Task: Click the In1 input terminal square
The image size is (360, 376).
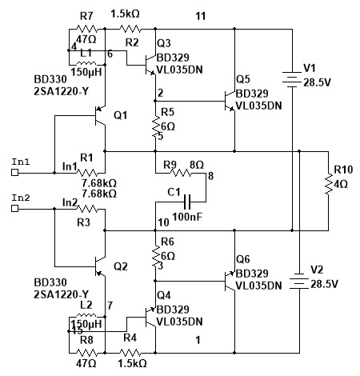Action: pos(15,173)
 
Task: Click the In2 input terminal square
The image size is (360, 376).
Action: pos(15,208)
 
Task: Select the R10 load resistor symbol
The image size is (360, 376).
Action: pos(328,183)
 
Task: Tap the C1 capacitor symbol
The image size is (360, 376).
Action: pos(187,202)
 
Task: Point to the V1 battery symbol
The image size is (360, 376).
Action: pos(292,79)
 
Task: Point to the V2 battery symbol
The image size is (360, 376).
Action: pos(299,281)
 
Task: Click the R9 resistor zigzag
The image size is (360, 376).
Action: pos(181,173)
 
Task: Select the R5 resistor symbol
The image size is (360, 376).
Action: pos(155,127)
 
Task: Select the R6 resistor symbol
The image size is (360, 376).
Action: pos(155,256)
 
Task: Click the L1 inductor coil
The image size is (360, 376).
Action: pos(86,63)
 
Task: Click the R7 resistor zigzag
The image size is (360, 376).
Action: pos(87,29)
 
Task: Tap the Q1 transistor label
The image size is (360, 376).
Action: pos(121,115)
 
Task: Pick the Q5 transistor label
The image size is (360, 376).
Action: pos(243,79)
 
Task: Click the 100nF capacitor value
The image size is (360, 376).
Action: pos(187,217)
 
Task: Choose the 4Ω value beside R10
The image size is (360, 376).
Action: pos(341,184)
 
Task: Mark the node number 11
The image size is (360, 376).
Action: pos(201,16)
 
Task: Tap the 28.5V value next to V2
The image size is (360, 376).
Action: pos(324,284)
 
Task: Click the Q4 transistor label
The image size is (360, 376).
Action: pos(164,295)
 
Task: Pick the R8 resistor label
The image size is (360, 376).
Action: pos(86,340)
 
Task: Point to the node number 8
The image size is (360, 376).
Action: pos(210,176)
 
